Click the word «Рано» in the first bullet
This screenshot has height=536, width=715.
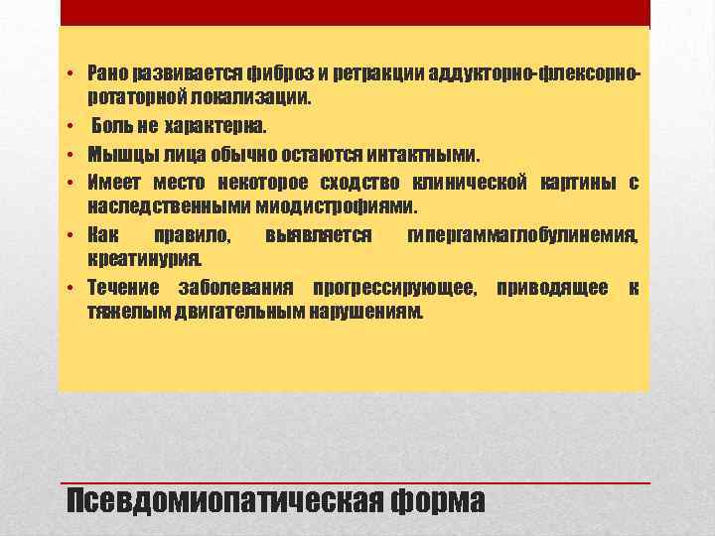(x=105, y=73)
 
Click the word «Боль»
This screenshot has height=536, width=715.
(x=114, y=127)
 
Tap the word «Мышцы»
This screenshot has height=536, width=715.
(x=115, y=155)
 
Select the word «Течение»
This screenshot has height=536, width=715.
(x=122, y=289)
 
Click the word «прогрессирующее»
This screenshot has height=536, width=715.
(x=393, y=289)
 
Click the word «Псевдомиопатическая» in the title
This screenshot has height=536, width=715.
(x=224, y=501)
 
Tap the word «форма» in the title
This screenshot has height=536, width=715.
(x=438, y=501)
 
